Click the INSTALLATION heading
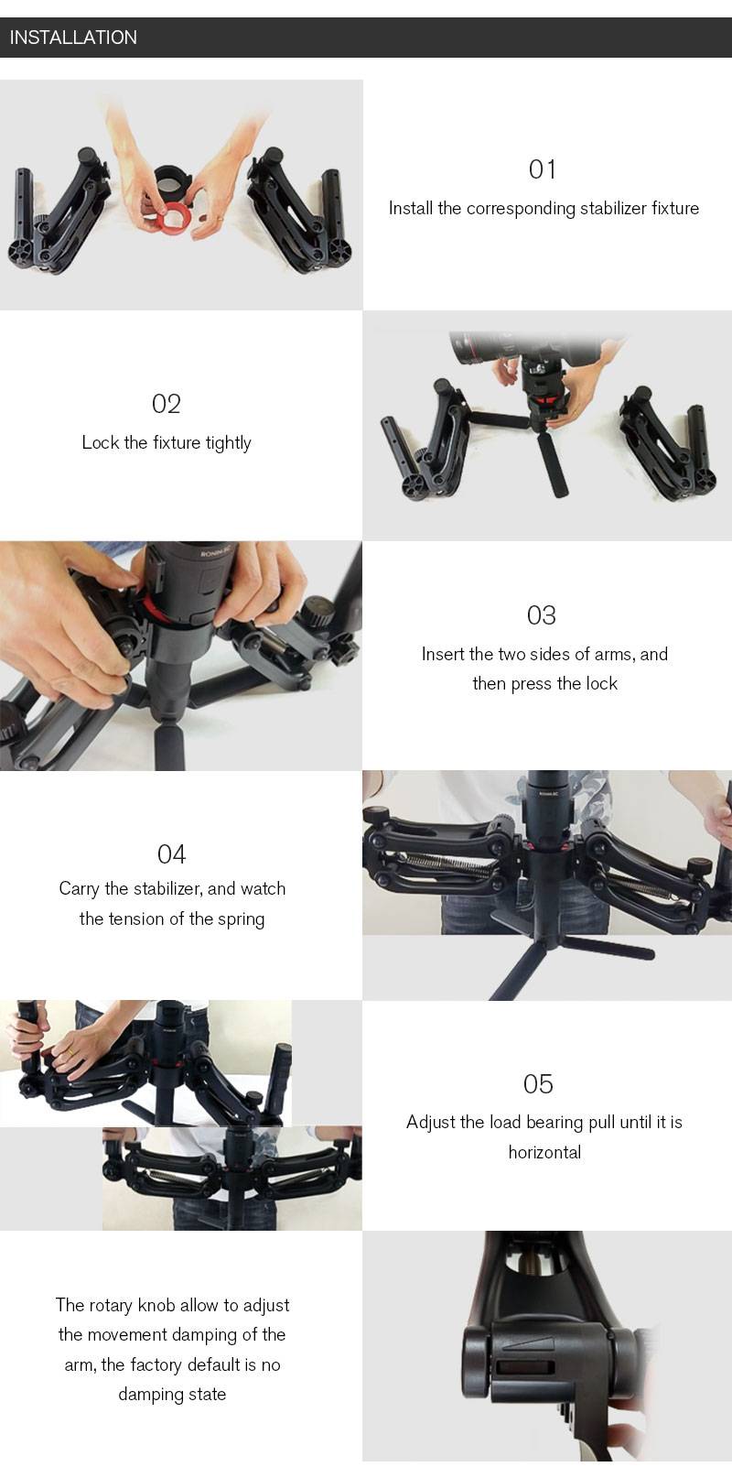[x=73, y=38]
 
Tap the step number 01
[x=543, y=169]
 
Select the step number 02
[x=167, y=404]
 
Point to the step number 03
[x=542, y=615]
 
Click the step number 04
[x=171, y=854]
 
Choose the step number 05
[x=538, y=1084]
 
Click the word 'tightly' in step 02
[x=229, y=443]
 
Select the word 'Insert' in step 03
[x=443, y=654]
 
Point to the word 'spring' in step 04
[x=242, y=919]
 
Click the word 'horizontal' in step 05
[x=545, y=1152]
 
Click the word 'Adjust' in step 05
[x=430, y=1123]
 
